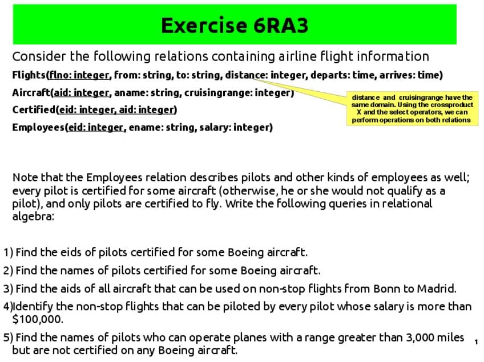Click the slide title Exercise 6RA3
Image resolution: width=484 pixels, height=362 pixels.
[235, 26]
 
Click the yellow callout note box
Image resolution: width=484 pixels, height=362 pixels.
[412, 108]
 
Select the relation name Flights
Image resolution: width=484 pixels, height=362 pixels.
[29, 75]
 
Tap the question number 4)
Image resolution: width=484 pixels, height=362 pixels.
[7, 307]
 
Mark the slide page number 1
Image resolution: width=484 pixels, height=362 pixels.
[476, 342]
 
